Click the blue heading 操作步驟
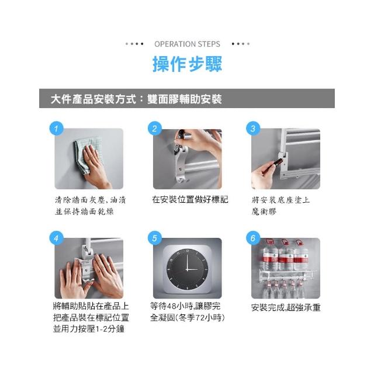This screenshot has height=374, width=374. click(187, 64)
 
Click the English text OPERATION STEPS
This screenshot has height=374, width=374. click(187, 44)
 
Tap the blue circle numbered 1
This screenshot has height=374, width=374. click(56, 129)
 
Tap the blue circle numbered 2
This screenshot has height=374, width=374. click(154, 129)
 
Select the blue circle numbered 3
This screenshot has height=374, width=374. click(253, 129)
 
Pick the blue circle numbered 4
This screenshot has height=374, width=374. click(56, 238)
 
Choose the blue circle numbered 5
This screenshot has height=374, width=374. click(154, 238)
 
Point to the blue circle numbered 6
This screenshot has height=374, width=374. click(253, 238)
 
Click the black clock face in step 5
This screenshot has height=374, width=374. click(187, 269)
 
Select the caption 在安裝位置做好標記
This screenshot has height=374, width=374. click(190, 199)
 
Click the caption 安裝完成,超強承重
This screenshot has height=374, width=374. click(286, 307)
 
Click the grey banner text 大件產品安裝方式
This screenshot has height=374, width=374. click(93, 99)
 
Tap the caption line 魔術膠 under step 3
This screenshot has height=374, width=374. click(264, 212)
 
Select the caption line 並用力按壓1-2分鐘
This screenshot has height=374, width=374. click(89, 328)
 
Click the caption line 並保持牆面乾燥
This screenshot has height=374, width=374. click(84, 212)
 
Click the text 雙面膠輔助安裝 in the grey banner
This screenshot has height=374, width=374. click(185, 99)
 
